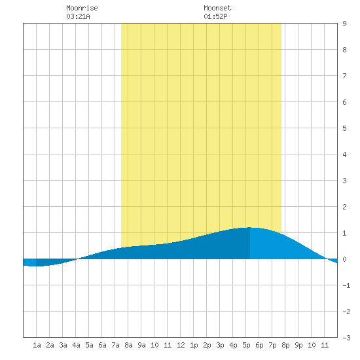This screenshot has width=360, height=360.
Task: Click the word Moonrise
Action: [x=82, y=8]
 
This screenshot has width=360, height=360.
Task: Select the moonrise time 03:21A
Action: [x=78, y=16]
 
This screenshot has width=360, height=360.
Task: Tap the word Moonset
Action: [x=217, y=8]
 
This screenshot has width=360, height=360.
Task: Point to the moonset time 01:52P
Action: [x=215, y=16]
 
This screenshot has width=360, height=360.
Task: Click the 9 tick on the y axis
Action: [x=344, y=24]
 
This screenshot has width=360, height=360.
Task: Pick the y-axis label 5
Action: [x=344, y=128]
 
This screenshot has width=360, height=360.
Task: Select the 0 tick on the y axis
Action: [x=344, y=259]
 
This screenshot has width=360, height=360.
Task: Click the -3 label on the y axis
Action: [x=346, y=338]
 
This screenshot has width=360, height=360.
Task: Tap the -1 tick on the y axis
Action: [x=346, y=285]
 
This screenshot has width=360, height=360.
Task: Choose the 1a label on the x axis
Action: [x=37, y=345]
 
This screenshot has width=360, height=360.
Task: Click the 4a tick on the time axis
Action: [x=76, y=345]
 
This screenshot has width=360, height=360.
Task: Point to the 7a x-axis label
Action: [x=115, y=345]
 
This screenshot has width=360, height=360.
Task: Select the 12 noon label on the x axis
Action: [x=181, y=345]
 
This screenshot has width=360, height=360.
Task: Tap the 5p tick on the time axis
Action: [x=246, y=345]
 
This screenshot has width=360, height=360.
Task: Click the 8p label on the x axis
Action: [x=285, y=345]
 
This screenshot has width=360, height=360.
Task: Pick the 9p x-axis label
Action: [x=298, y=345]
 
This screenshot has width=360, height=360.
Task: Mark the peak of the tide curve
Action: [x=250, y=227]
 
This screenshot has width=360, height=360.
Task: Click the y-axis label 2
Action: [x=344, y=207]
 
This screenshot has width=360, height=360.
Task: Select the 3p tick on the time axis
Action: [x=220, y=345]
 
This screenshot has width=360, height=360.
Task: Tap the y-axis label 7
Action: [x=344, y=76]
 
